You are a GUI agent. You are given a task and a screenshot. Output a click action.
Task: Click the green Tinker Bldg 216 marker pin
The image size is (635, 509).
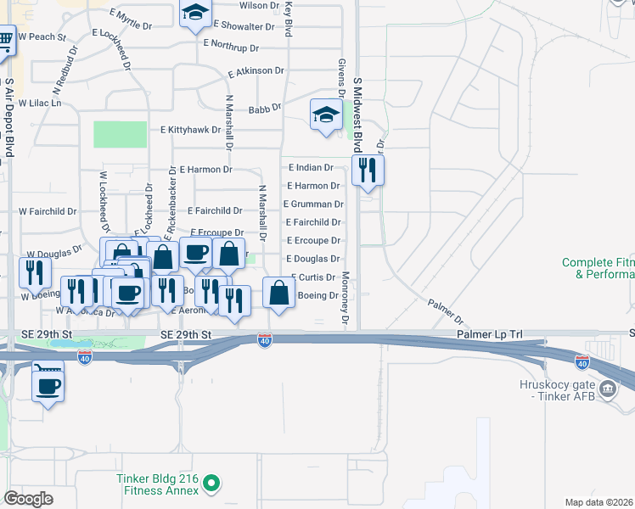pyautogui.click(x=212, y=484)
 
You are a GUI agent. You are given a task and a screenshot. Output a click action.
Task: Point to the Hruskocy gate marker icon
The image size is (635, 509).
pyautogui.click(x=608, y=389)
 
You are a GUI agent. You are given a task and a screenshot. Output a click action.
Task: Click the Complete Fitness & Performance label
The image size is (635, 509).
pyautogui.click(x=598, y=269)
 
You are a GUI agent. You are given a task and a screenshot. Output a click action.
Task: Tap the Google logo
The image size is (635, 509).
pyautogui.click(x=29, y=499)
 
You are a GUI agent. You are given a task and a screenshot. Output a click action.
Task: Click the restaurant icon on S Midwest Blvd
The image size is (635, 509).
pyautogui.click(x=368, y=170)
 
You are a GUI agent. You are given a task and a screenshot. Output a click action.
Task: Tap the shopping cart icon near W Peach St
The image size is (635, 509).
pyautogui.click(x=5, y=38)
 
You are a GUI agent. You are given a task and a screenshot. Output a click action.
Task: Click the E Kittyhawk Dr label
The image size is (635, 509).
pyautogui.click(x=190, y=130)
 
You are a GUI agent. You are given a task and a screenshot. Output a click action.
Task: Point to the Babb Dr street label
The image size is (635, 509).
pyautogui.click(x=265, y=109)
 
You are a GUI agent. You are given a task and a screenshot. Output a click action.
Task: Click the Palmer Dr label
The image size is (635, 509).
pyautogui.click(x=446, y=311)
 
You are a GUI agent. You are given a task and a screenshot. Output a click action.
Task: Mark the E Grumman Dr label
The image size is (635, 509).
pyautogui.click(x=313, y=204)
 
